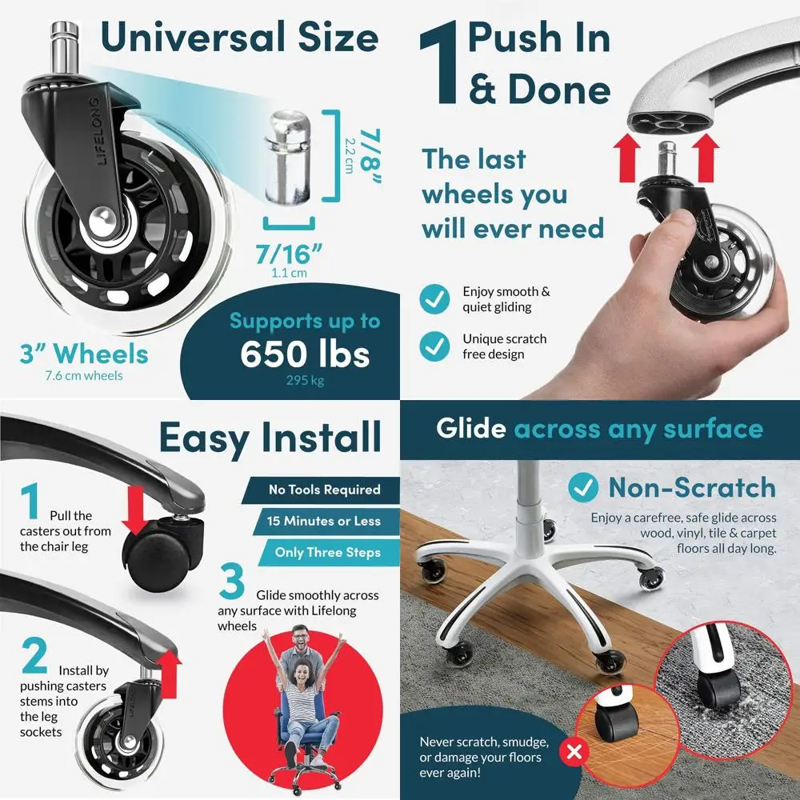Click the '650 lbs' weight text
[x=305, y=354]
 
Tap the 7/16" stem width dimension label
[x=289, y=253]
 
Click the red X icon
[x=574, y=751]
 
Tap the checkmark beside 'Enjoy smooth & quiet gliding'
[x=434, y=299]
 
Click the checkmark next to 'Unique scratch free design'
[x=434, y=346]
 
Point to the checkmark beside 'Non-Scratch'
[x=582, y=487]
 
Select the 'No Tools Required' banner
[x=321, y=490]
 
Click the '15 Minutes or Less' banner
[x=326, y=521]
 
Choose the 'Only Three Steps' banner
[x=329, y=553]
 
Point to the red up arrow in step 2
[x=168, y=674]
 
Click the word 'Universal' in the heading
[x=194, y=37]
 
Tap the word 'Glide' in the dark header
[x=471, y=428]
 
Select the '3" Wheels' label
[x=84, y=354]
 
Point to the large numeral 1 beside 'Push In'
[x=438, y=63]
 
